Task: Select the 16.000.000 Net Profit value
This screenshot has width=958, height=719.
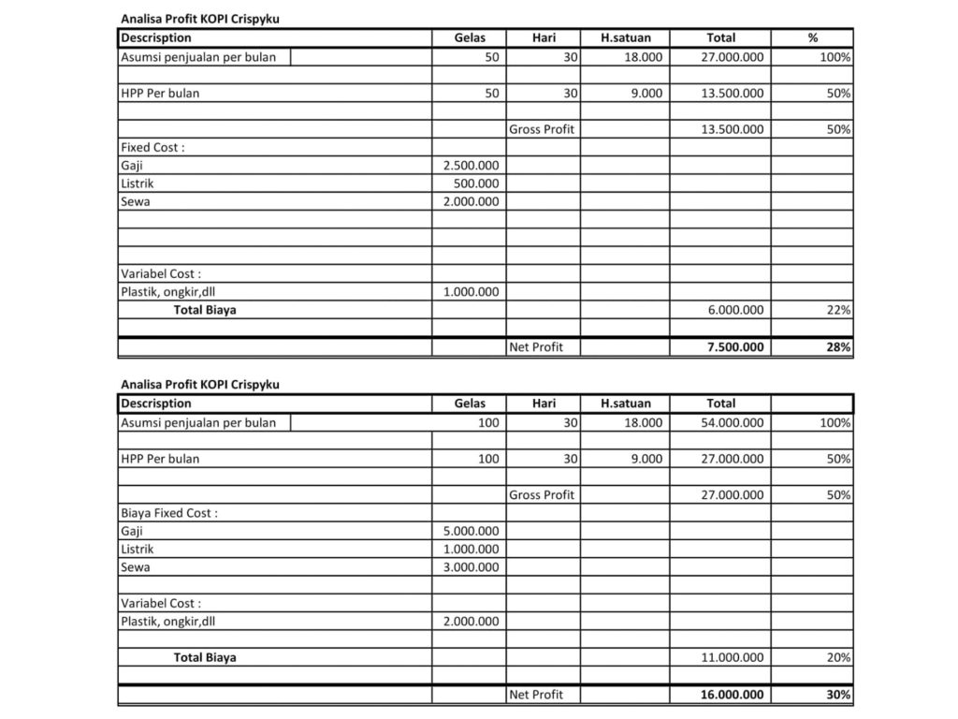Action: pos(732,695)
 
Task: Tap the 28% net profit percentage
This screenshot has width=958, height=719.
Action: pos(838,347)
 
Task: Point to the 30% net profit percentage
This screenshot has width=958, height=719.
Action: pos(838,695)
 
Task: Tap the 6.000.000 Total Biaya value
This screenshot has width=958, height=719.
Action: pos(733,310)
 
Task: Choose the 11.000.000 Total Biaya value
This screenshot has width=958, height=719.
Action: pos(732,657)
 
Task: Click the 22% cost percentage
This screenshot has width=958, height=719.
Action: pos(838,310)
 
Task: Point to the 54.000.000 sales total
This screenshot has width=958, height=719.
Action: pos(732,422)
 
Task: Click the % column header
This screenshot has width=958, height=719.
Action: pos(812,38)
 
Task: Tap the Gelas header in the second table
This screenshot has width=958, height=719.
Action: pos(470,404)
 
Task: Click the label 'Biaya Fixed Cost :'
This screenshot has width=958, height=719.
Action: pos(169,513)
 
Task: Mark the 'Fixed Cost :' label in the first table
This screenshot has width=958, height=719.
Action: pos(152,148)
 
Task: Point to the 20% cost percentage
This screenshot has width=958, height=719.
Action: pos(838,657)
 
